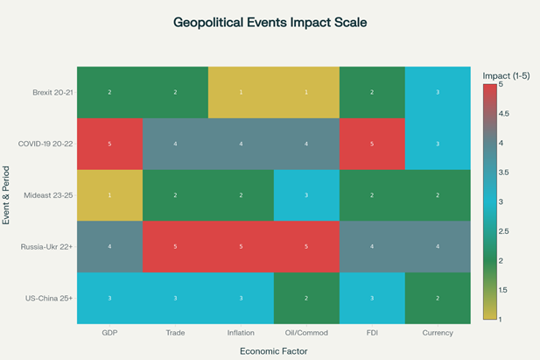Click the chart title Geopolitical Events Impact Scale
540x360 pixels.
click(270, 21)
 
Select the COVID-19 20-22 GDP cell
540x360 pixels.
click(109, 144)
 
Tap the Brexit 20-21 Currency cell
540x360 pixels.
click(438, 92)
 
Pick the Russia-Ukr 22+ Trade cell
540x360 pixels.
click(175, 247)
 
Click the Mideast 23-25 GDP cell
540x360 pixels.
click(109, 195)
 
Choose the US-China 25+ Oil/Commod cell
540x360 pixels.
click(306, 299)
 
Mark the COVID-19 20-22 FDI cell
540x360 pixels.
click(372, 144)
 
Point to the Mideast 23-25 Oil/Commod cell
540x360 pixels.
click(306, 195)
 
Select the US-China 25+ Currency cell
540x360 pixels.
click(438, 299)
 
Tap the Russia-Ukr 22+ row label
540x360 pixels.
click(46, 247)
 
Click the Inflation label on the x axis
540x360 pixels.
click(241, 332)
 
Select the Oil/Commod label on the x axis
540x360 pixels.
click(306, 332)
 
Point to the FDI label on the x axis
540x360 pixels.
click(372, 332)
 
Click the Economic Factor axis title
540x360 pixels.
click(273, 349)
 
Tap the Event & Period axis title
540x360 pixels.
click(7, 195)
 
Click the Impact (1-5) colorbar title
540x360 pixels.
click(506, 76)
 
